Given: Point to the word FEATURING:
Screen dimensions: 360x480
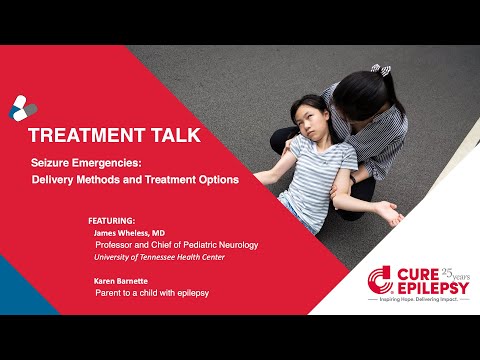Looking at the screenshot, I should [111, 217].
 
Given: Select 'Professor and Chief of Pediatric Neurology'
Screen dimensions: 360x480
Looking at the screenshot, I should [176, 244].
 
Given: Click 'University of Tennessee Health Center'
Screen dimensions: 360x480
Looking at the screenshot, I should [160, 257].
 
